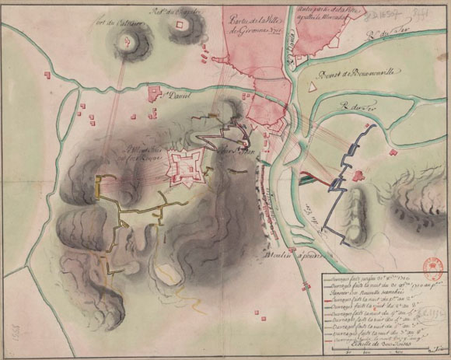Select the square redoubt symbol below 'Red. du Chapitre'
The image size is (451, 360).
pos(182,26)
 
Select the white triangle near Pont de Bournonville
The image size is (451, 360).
pos(312,88)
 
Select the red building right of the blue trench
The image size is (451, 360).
pos(359,175)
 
